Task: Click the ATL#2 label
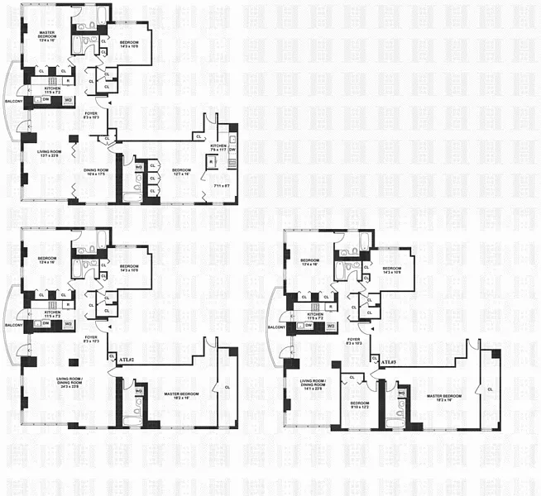[126, 360]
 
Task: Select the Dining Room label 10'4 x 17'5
[97, 171]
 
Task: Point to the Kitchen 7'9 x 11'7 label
[218, 148]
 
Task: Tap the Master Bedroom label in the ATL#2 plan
[182, 396]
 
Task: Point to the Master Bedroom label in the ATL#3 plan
[444, 398]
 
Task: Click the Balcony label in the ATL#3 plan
[277, 327]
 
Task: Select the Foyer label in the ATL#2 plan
[90, 339]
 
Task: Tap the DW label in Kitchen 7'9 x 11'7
[232, 150]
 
